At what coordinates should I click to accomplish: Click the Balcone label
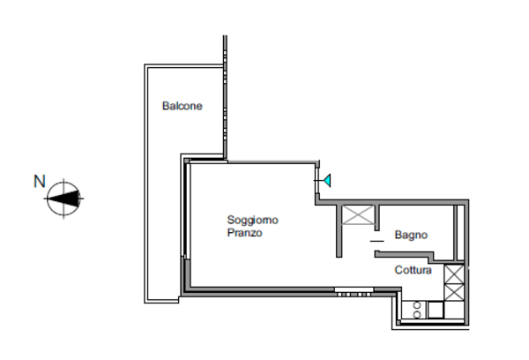point(182,107)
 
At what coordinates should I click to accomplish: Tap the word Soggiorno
point(253,220)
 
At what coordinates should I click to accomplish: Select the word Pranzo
point(244,234)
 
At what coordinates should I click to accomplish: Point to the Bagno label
point(411,236)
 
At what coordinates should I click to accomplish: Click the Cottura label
point(413,270)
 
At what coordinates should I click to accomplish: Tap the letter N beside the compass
point(39,181)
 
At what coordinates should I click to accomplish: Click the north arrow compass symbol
point(64,199)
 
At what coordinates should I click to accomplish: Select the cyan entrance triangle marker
point(326,182)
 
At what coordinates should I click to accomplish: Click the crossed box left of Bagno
point(357,215)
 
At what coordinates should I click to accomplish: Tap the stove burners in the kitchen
point(416,310)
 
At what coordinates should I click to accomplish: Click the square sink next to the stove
point(435,310)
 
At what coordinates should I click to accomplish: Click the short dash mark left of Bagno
point(376,240)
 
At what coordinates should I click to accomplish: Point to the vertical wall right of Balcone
point(226,97)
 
